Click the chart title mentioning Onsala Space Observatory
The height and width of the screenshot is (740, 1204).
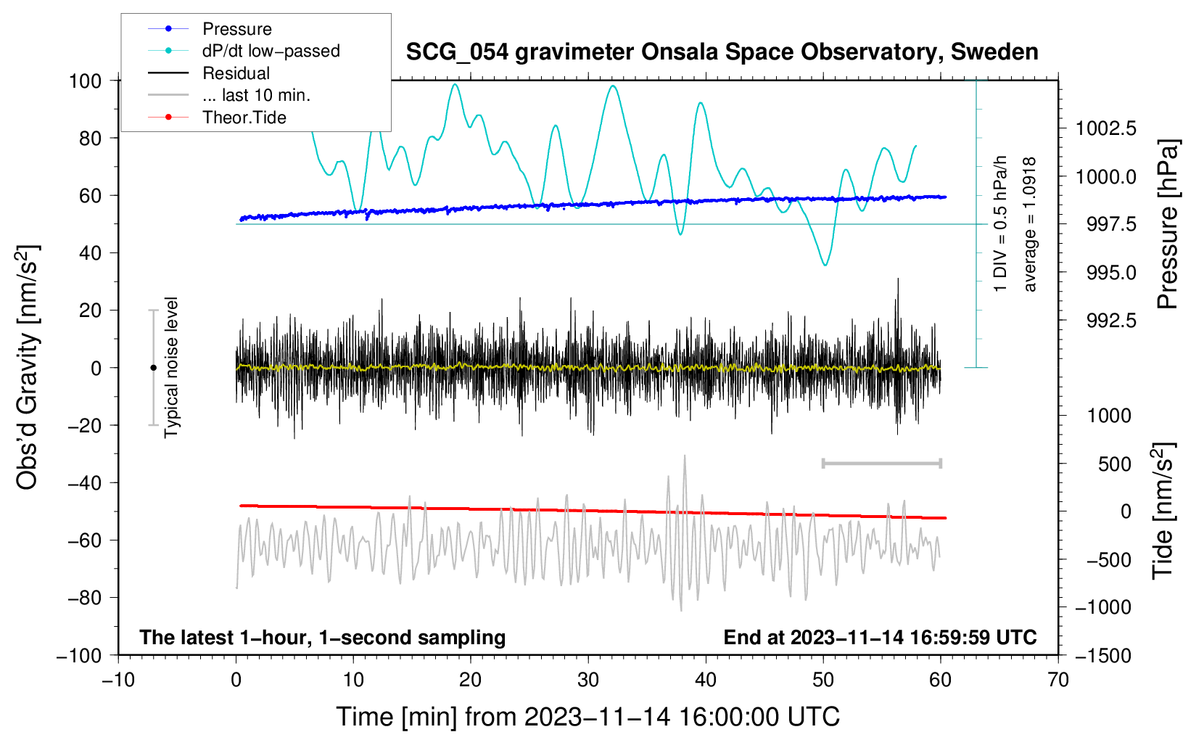click(722, 52)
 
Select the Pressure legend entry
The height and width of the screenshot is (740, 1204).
click(236, 29)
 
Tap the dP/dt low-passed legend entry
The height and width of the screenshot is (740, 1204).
click(271, 51)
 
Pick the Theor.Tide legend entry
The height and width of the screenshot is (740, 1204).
click(244, 118)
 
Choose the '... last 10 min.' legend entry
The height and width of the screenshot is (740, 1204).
click(256, 95)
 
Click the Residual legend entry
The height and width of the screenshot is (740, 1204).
click(236, 73)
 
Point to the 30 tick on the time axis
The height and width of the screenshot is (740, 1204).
click(588, 681)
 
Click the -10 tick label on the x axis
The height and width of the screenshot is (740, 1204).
click(118, 681)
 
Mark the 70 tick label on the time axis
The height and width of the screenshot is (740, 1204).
click(1058, 681)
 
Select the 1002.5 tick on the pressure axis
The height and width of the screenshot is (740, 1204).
click(1105, 129)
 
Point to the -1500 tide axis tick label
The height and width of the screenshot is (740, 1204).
click(1102, 655)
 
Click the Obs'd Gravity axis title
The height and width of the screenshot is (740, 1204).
click(28, 367)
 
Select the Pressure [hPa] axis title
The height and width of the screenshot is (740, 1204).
click(1168, 225)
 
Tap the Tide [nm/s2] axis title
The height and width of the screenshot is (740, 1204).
click(1163, 511)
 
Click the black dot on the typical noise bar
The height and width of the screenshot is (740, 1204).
click(153, 368)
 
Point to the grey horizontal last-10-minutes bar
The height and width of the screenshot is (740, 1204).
click(881, 463)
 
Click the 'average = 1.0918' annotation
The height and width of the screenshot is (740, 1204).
click(1029, 225)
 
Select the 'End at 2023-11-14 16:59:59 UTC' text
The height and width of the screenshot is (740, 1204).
click(880, 638)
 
